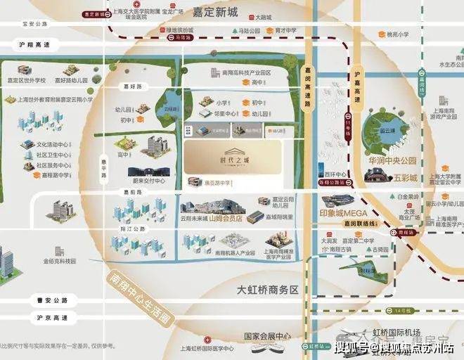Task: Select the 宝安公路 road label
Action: (34, 23)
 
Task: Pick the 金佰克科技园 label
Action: (59, 261)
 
